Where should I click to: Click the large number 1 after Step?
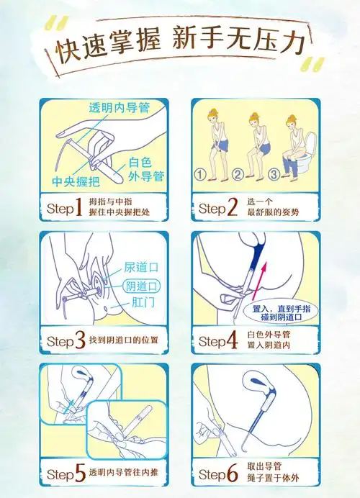pos(79,209)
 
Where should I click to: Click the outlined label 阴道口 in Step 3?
pos(141,286)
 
